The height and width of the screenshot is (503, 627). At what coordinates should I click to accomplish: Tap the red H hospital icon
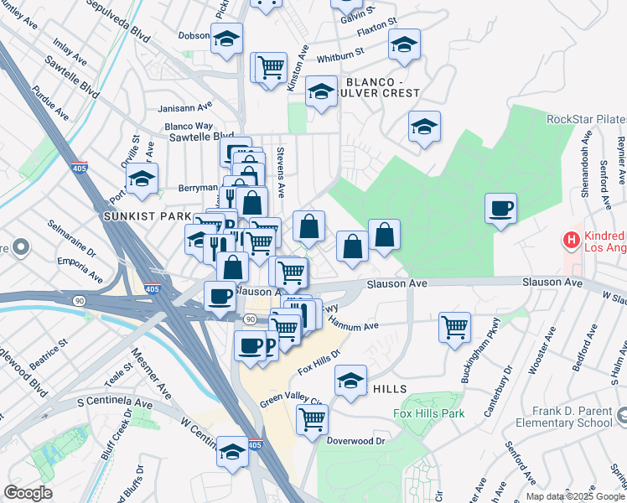(573, 241)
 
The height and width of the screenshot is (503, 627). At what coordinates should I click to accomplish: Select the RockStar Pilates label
(586, 120)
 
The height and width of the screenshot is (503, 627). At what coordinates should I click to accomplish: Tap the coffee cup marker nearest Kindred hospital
(500, 209)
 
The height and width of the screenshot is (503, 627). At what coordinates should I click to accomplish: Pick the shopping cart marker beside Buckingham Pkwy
(455, 327)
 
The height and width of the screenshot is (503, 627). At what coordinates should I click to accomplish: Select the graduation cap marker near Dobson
(226, 39)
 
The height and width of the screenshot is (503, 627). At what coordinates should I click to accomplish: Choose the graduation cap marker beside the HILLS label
(350, 381)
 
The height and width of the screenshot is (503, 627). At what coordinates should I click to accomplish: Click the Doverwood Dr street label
(355, 440)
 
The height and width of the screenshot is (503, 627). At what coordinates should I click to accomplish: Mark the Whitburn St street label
(340, 58)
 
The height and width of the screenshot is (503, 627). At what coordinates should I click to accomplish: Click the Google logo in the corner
(28, 493)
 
